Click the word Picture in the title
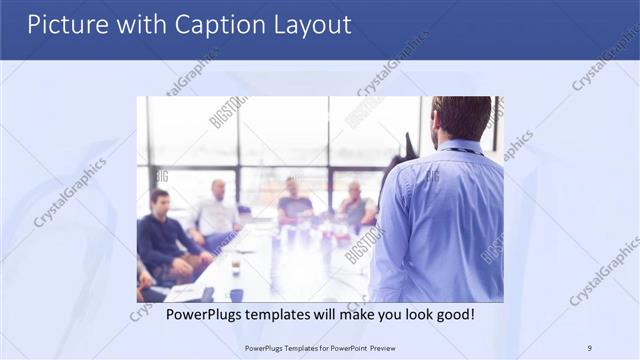(67, 24)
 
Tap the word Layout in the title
(312, 24)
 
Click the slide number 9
(590, 347)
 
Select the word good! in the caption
(452, 314)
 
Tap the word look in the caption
(409, 314)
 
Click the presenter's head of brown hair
(462, 115)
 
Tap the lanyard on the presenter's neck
(462, 151)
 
